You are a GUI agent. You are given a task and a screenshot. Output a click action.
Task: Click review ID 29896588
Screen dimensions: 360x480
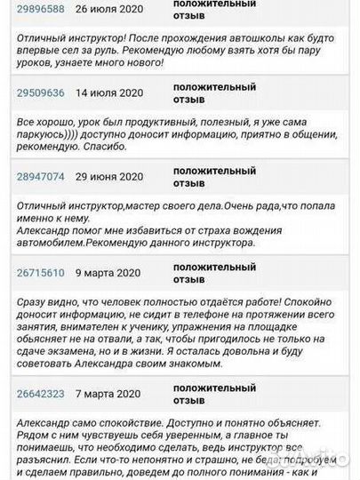[41, 10]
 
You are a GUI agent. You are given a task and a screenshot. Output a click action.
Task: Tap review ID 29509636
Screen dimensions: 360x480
[41, 92]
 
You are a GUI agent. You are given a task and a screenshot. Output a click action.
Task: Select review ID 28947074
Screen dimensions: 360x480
[41, 176]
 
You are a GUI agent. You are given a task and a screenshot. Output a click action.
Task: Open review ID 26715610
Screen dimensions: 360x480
[41, 272]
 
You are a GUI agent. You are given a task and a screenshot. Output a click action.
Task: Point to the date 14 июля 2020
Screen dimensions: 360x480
[109, 92]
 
